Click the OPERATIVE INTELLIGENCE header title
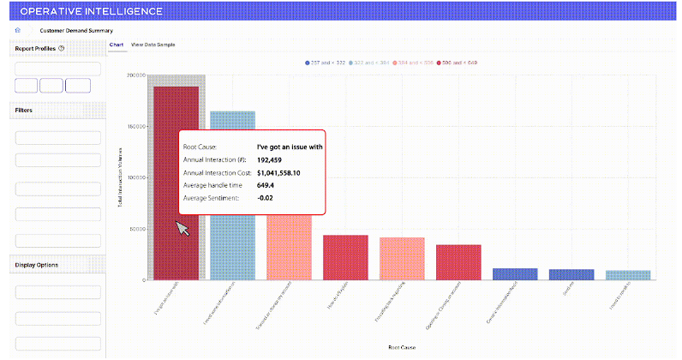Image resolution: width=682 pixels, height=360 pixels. pos(91,12)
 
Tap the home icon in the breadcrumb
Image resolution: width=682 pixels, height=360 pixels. pos(18,31)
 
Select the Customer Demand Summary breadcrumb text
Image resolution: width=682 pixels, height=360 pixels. pos(76,31)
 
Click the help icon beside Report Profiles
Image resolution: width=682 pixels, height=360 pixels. pos(62,48)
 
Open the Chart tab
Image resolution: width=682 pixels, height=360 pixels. pos(117,44)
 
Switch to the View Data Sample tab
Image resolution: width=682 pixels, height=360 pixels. pos(154,44)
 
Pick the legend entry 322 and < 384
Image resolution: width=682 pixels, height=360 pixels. pos(368,63)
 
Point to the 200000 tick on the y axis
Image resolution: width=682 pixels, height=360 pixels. pos(135,75)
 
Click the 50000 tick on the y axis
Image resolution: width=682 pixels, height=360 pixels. pos(136,229)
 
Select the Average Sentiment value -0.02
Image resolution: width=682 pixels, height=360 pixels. pos(266,199)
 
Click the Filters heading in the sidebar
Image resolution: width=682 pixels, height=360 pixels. pos(24,111)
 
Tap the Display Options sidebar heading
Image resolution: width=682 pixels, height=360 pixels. pos(37,264)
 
